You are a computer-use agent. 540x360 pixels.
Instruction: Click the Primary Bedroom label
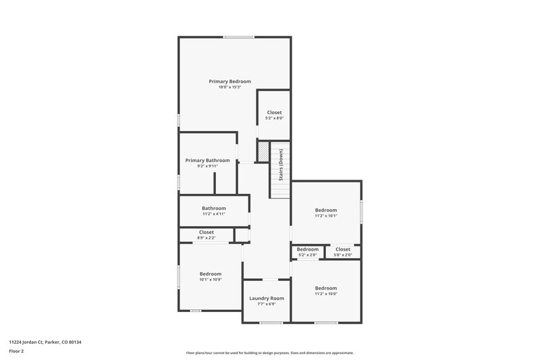(x=230, y=81)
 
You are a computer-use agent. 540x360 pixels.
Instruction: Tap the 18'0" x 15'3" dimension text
(x=230, y=87)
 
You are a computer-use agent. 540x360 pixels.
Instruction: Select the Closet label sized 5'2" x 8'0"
(x=275, y=112)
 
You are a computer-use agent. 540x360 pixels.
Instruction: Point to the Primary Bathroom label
(x=208, y=160)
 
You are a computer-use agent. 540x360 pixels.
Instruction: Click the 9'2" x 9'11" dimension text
(x=208, y=166)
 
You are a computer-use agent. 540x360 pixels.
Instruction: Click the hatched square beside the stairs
(x=262, y=149)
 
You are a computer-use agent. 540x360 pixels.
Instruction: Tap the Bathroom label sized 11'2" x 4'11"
(x=214, y=208)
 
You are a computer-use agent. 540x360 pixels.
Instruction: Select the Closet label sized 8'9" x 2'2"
(x=207, y=232)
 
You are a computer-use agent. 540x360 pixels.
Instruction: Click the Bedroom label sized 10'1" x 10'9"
(x=211, y=274)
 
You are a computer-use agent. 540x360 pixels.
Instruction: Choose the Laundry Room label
(x=267, y=298)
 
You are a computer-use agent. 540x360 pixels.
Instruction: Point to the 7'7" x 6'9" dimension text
(x=267, y=304)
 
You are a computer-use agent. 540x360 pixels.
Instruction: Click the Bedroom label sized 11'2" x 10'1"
(x=326, y=210)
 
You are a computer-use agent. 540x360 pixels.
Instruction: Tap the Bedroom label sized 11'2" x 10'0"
(x=326, y=288)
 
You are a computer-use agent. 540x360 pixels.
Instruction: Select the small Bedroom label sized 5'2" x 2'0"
(x=308, y=249)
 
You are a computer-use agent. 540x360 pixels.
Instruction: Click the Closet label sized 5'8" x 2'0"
(x=343, y=249)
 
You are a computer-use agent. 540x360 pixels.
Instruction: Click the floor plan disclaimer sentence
(x=270, y=353)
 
